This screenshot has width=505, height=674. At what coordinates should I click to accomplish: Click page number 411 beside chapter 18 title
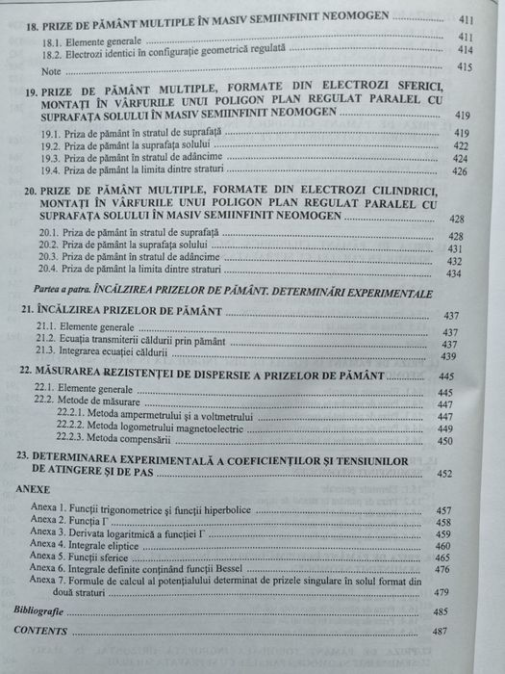click(x=466, y=19)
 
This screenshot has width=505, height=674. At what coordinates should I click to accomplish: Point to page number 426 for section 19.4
click(x=459, y=172)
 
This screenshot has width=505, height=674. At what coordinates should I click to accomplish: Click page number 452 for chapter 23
click(x=444, y=474)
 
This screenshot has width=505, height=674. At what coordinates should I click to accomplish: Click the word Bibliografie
click(x=42, y=610)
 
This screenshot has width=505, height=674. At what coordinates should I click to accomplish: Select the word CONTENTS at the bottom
click(x=40, y=631)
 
